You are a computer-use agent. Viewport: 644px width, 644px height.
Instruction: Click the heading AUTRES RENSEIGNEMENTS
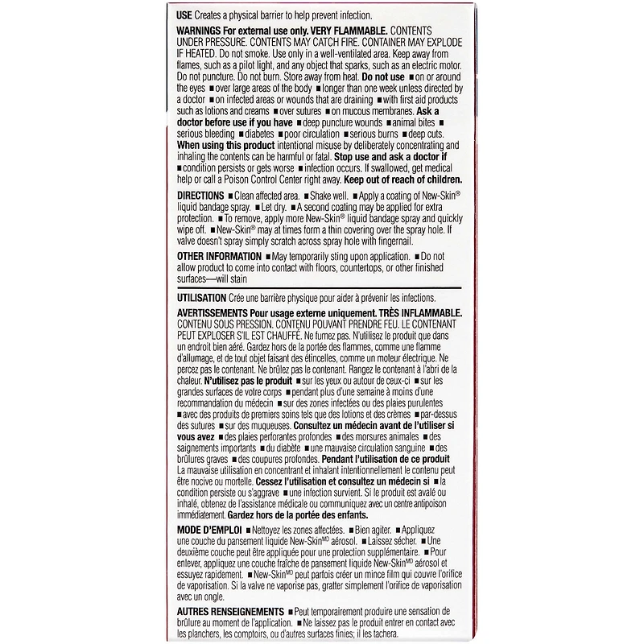click(x=230, y=612)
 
